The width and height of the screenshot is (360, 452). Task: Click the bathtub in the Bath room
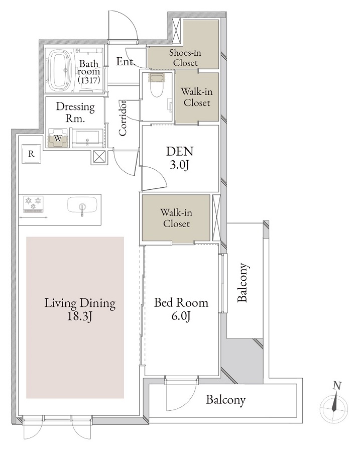click(59, 70)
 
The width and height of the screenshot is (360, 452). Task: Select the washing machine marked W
click(59, 138)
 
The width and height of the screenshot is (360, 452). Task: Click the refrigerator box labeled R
click(31, 154)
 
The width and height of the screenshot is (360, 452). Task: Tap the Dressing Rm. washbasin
click(88, 137)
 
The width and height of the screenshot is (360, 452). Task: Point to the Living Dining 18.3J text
click(80, 309)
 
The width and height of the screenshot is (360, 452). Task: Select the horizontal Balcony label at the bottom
click(226, 400)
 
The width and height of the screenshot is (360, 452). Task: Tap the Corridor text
click(123, 119)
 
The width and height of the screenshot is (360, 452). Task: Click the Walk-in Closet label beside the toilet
click(196, 97)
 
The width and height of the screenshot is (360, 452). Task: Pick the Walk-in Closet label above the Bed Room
click(176, 218)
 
